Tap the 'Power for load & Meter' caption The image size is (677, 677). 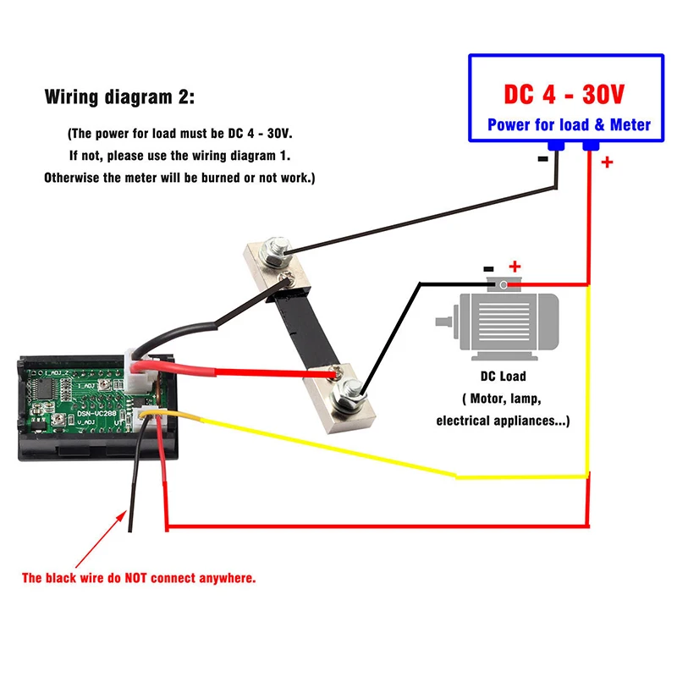[x=569, y=125]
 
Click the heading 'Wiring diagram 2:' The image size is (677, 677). [x=118, y=97]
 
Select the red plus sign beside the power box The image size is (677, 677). [x=607, y=162]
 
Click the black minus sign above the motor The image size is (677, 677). [x=489, y=269]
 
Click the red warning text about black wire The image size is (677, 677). [x=139, y=579]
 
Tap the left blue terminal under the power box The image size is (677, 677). [x=556, y=147]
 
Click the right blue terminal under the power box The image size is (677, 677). [x=590, y=147]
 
